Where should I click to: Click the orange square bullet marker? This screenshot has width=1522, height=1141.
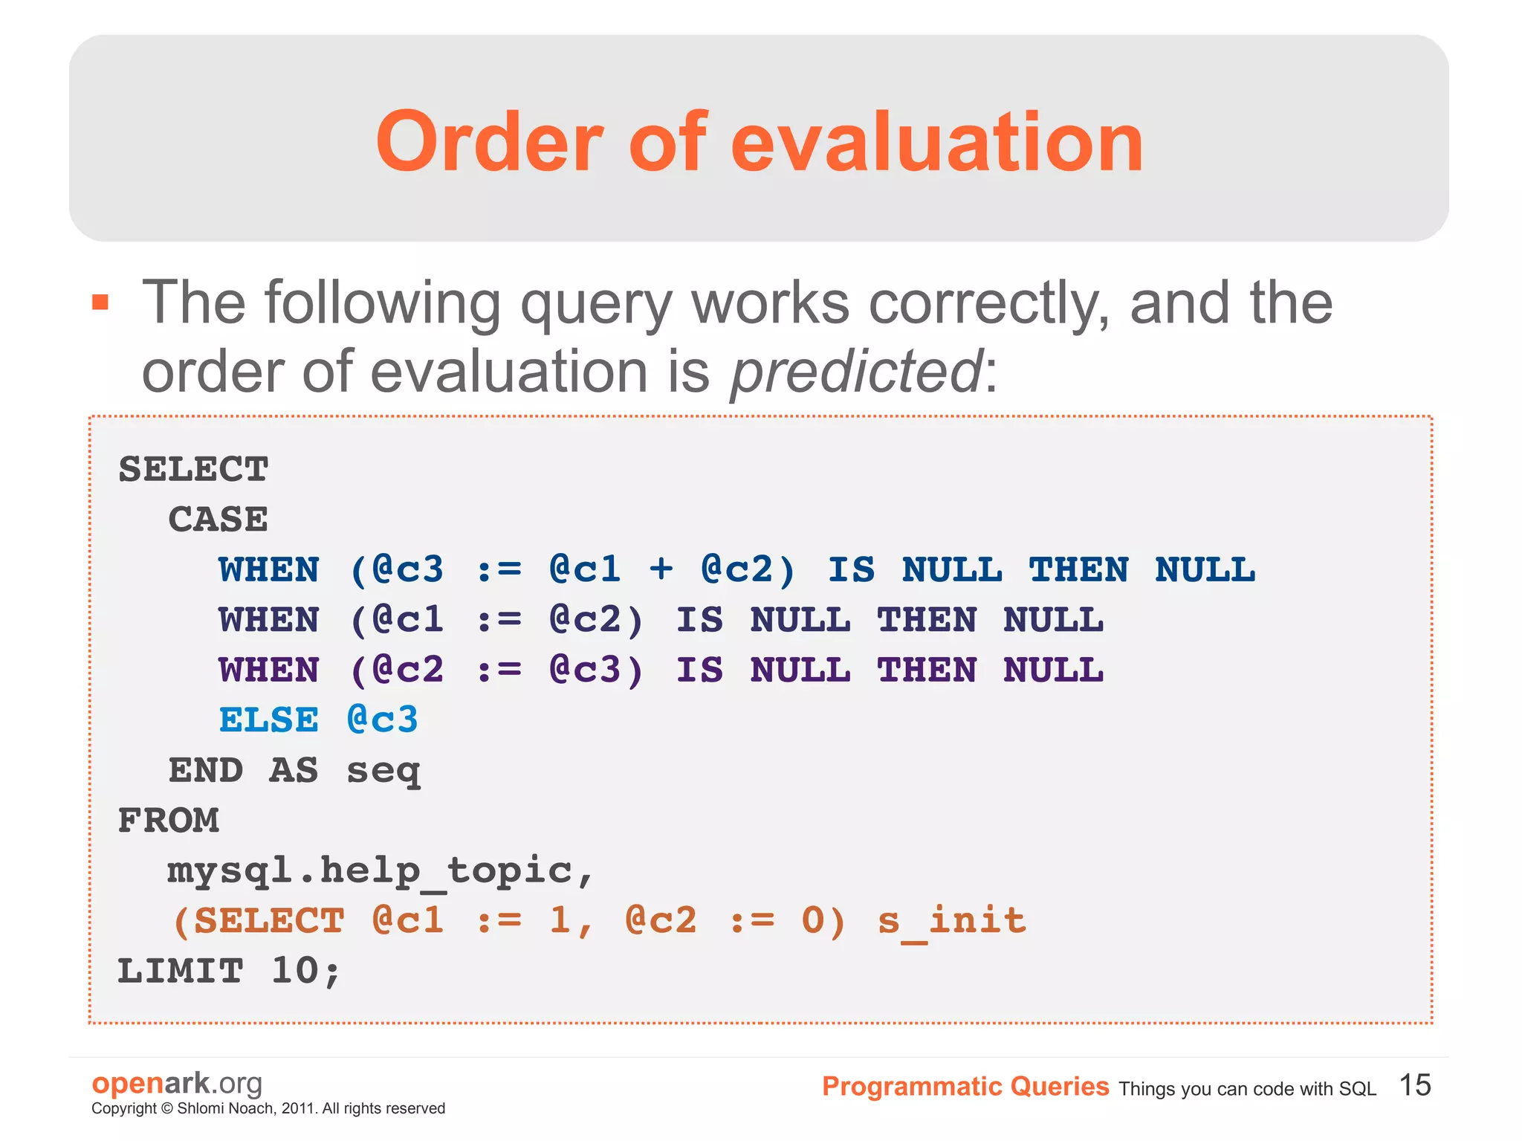click(x=100, y=303)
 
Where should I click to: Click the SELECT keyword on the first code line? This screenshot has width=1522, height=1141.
click(x=193, y=469)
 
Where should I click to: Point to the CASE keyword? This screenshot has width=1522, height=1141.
click(x=218, y=519)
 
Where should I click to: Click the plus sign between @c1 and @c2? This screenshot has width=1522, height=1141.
click(x=661, y=569)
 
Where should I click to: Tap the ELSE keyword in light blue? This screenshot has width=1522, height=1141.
click(x=268, y=720)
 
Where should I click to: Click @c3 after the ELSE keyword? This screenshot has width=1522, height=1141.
click(x=383, y=720)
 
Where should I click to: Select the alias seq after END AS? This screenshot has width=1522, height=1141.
click(x=383, y=772)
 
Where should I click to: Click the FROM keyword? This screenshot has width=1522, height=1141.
click(x=169, y=821)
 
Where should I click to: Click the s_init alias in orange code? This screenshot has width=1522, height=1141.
click(x=952, y=921)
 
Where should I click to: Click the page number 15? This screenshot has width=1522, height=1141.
click(x=1414, y=1085)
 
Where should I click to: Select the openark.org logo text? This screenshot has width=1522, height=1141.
click(x=177, y=1083)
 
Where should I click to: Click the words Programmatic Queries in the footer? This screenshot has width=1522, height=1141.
click(x=965, y=1087)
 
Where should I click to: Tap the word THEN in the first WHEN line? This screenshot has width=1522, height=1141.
click(x=1078, y=569)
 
